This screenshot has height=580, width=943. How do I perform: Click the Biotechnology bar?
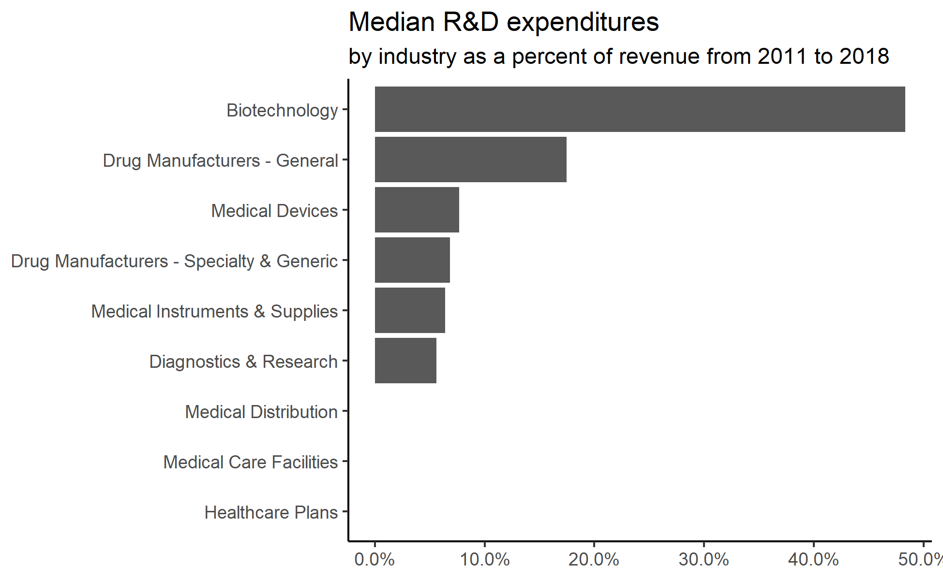(640, 109)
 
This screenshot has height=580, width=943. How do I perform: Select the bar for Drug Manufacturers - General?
(470, 159)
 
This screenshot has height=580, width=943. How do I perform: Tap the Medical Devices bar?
(417, 210)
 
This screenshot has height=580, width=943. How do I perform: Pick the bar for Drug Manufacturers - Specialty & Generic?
(412, 260)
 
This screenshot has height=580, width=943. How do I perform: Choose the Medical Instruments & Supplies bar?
(410, 310)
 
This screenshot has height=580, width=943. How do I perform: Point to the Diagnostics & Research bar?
(405, 361)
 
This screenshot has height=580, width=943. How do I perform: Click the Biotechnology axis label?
(282, 111)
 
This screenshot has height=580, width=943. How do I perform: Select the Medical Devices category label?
(274, 211)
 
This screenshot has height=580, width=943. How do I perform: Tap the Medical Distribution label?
(261, 412)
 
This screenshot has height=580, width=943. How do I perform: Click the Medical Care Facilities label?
(250, 463)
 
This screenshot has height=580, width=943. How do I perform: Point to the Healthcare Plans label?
(271, 513)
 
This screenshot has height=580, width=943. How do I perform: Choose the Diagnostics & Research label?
(243, 362)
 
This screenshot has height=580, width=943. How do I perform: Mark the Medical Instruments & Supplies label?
(214, 312)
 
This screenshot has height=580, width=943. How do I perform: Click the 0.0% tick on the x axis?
(374, 560)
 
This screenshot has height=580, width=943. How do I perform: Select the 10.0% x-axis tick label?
(484, 560)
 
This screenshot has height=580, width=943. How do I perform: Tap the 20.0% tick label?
(594, 560)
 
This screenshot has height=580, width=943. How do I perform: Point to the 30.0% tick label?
(704, 560)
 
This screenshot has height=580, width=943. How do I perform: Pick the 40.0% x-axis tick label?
(813, 560)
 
